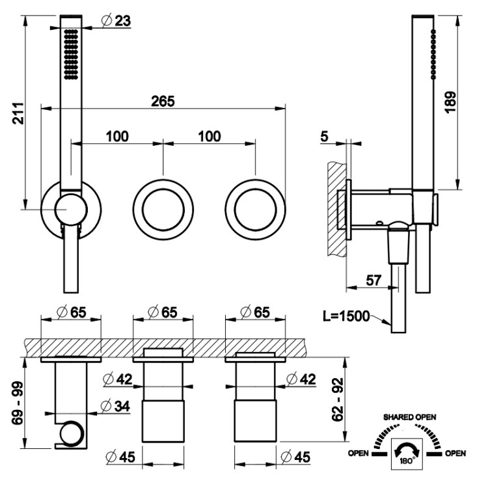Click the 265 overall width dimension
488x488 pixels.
click(x=163, y=102)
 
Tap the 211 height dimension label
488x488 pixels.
click(x=18, y=113)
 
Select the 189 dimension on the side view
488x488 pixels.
click(x=450, y=102)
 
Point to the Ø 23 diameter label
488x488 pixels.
click(x=116, y=21)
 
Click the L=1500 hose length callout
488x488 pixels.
click(x=346, y=316)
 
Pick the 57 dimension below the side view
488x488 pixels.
click(x=373, y=280)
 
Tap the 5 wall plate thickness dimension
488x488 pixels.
click(x=324, y=137)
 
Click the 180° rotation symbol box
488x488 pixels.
click(x=407, y=454)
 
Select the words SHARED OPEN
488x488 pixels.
click(x=409, y=417)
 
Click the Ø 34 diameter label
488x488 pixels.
click(x=116, y=406)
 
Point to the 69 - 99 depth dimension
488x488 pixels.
click(x=18, y=403)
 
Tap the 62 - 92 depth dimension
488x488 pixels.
click(x=337, y=400)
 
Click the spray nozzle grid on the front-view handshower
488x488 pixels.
click(x=71, y=55)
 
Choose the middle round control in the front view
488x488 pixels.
click(x=163, y=210)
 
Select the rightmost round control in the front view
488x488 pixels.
click(x=255, y=210)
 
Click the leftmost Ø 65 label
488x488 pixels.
click(x=72, y=312)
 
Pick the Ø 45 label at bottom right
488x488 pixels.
click(x=295, y=457)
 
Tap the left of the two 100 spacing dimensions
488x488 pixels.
click(x=117, y=137)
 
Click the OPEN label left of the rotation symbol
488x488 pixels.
click(x=359, y=453)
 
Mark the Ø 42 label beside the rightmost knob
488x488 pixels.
click(x=301, y=379)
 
